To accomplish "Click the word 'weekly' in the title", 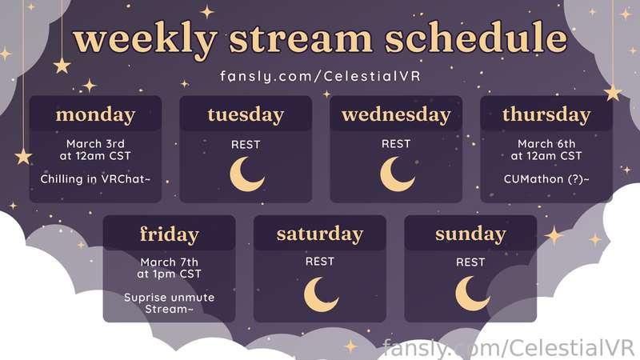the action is coord(145,39).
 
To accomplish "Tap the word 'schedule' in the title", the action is coord(476,38).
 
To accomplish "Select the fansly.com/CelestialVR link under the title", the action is coord(321,76).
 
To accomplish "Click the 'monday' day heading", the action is coord(95,115).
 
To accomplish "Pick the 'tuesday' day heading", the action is coord(246,114).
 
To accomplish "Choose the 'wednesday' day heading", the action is coord(396,114).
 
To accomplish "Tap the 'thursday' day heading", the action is coord(546,114).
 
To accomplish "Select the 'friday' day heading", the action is coord(170,234).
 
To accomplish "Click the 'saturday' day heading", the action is coord(320,234).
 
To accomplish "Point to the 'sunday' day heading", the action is coord(470,234).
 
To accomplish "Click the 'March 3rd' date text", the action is coord(95,144).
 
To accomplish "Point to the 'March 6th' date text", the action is coord(546,144).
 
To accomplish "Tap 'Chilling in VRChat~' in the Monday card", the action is coord(95,179).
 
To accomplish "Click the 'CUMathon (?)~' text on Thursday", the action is coord(546,179).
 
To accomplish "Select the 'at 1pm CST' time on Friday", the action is coord(170,274).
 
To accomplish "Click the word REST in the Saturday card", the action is coord(320,262).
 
